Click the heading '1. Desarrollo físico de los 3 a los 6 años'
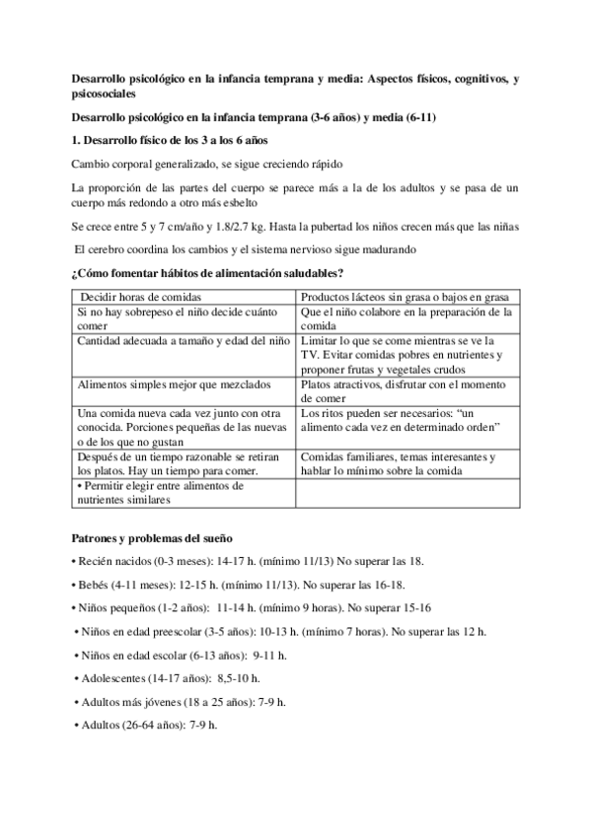tap(156, 140)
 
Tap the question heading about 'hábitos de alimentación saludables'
tap(207, 271)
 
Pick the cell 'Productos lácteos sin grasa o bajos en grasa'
tap(406, 297)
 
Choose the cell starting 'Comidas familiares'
tap(405, 464)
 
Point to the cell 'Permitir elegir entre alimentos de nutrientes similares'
tap(158, 493)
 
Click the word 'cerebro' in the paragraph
tap(111, 248)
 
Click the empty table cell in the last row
tap(406, 493)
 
